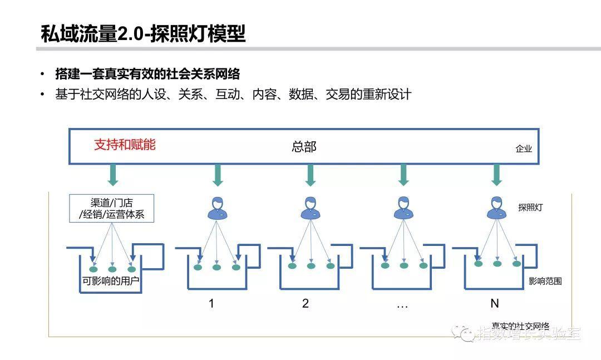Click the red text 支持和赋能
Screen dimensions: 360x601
tap(125, 145)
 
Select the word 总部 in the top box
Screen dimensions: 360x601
tap(304, 147)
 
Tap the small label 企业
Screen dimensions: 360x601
tap(524, 149)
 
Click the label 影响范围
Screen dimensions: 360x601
tap(545, 281)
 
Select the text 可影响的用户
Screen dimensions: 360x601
tap(111, 281)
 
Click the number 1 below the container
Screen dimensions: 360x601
tap(211, 304)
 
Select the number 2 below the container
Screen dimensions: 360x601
tap(305, 304)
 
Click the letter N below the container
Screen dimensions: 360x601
tap(494, 304)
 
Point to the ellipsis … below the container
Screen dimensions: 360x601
tap(402, 305)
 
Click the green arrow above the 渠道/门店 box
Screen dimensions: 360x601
tap(114, 175)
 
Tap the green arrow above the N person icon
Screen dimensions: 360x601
tap(496, 175)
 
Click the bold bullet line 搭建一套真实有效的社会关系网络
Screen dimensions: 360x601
tap(147, 74)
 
